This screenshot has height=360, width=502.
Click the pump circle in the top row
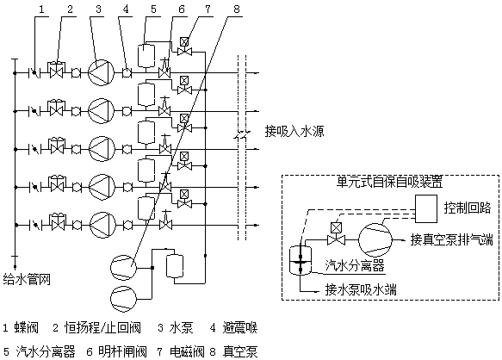[x=100, y=71]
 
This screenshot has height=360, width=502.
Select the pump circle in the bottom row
[x=100, y=225]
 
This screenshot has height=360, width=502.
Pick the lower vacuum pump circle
[x=124, y=299]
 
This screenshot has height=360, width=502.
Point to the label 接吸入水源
[x=295, y=132]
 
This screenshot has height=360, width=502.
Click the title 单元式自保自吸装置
[x=389, y=183]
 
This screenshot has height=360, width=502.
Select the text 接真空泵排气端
[x=450, y=239]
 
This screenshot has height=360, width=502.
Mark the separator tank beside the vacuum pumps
[x=175, y=266]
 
